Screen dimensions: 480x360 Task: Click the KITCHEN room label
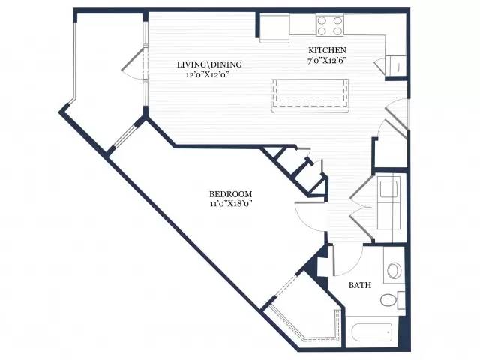[327, 50]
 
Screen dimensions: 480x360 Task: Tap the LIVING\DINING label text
[209, 64]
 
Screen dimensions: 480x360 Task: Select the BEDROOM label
[231, 194]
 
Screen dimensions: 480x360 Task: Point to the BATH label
[360, 285]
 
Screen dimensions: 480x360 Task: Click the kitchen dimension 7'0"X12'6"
[327, 60]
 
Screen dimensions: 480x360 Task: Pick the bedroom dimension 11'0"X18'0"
[231, 204]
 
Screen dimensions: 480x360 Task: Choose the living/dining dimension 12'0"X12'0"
[208, 74]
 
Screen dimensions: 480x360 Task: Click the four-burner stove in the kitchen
[330, 25]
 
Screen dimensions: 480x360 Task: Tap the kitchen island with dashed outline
[310, 96]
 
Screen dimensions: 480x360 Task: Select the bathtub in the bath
[373, 332]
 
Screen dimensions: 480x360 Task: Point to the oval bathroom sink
[394, 270]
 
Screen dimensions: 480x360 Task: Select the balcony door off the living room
[134, 64]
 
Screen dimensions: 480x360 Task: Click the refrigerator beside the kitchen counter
[274, 28]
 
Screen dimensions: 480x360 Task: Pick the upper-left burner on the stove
[322, 20]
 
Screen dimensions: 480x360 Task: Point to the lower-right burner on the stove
[337, 31]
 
